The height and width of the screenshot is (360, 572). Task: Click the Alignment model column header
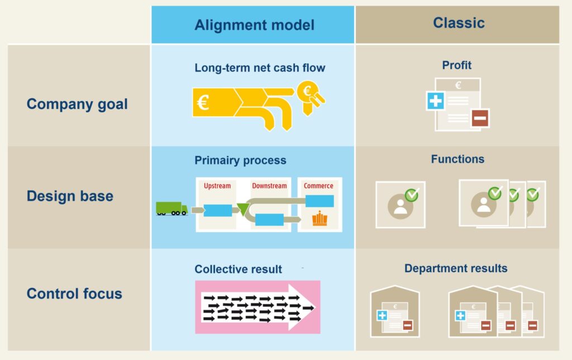[x=254, y=25]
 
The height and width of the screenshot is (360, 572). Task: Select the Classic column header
[x=458, y=23]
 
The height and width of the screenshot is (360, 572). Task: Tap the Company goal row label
[x=77, y=104]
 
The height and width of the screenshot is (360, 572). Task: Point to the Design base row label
[x=70, y=196]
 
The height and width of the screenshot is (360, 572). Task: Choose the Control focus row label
[x=74, y=293]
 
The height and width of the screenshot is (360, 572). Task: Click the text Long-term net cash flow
[x=260, y=68]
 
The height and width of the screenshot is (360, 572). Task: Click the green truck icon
[x=171, y=209]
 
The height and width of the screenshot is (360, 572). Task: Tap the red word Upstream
[x=217, y=186]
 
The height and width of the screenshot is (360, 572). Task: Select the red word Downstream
[x=269, y=186]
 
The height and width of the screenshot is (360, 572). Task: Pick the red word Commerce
[x=318, y=186]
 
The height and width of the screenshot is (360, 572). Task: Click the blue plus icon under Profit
[x=435, y=101]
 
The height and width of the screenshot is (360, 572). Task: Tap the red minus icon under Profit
[x=480, y=118]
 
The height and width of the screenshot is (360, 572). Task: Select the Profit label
[x=457, y=65]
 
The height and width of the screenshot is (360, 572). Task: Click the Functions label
[x=457, y=159]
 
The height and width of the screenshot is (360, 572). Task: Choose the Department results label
[x=456, y=268]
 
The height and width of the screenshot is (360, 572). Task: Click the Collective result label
[x=239, y=269]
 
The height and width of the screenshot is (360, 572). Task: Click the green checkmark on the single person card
[x=412, y=195]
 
